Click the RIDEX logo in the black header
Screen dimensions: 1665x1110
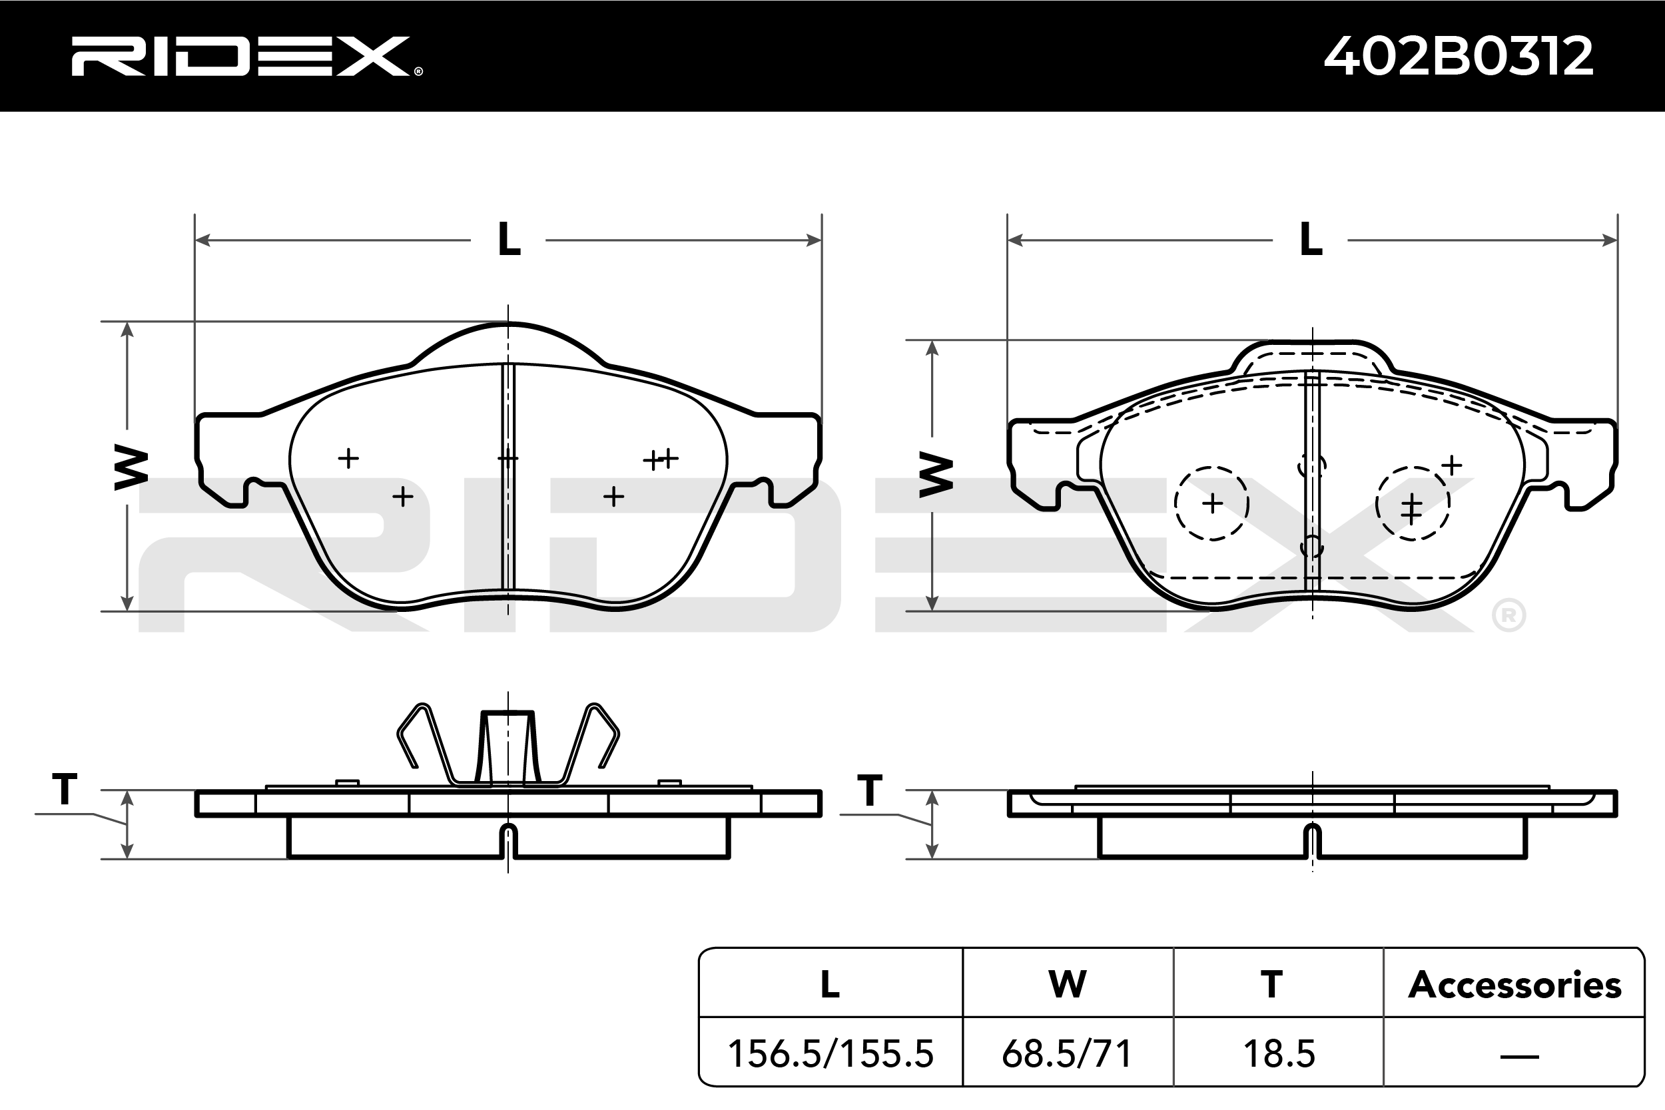(x=246, y=56)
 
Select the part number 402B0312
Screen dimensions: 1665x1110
(x=1459, y=56)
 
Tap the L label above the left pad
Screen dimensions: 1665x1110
(x=509, y=239)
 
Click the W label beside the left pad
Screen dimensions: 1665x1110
(x=131, y=468)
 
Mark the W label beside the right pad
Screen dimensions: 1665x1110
(x=936, y=475)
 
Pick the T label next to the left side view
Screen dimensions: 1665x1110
(x=65, y=788)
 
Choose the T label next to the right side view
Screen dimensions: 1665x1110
(x=869, y=790)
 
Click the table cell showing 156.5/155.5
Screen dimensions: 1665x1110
(x=831, y=1054)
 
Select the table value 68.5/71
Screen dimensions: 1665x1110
(x=1067, y=1054)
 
